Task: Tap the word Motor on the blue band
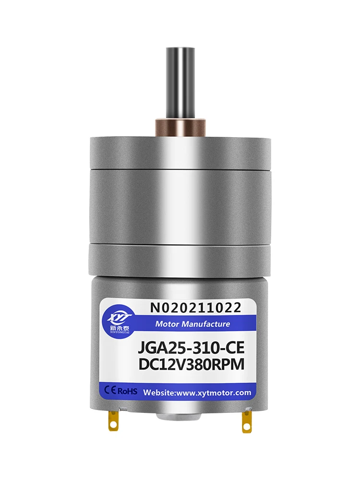(x=167, y=324)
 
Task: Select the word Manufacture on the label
(x=205, y=324)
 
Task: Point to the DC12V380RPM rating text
(x=191, y=365)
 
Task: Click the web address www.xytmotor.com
(x=214, y=392)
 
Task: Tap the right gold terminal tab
(x=247, y=420)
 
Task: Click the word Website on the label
(x=160, y=392)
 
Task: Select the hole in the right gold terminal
(x=247, y=425)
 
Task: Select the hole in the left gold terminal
(x=113, y=423)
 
